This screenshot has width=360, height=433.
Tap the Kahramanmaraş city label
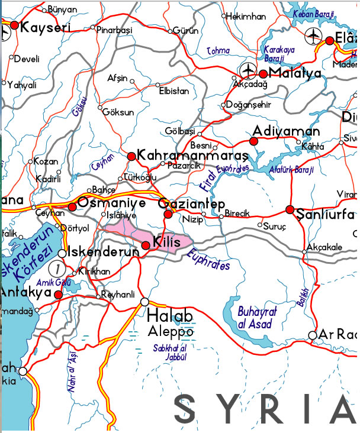192,155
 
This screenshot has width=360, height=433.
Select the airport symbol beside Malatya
248,71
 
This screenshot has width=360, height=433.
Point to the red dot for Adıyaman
254,141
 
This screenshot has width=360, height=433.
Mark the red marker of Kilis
146,245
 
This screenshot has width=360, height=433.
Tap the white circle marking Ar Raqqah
313,335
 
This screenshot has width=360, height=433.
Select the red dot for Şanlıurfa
290,209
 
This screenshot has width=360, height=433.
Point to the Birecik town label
237,214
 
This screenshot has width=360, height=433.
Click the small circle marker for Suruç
261,225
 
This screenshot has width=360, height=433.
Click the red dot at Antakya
58,294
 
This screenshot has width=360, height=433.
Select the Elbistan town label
174,91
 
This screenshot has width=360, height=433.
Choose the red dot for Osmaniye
72,206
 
